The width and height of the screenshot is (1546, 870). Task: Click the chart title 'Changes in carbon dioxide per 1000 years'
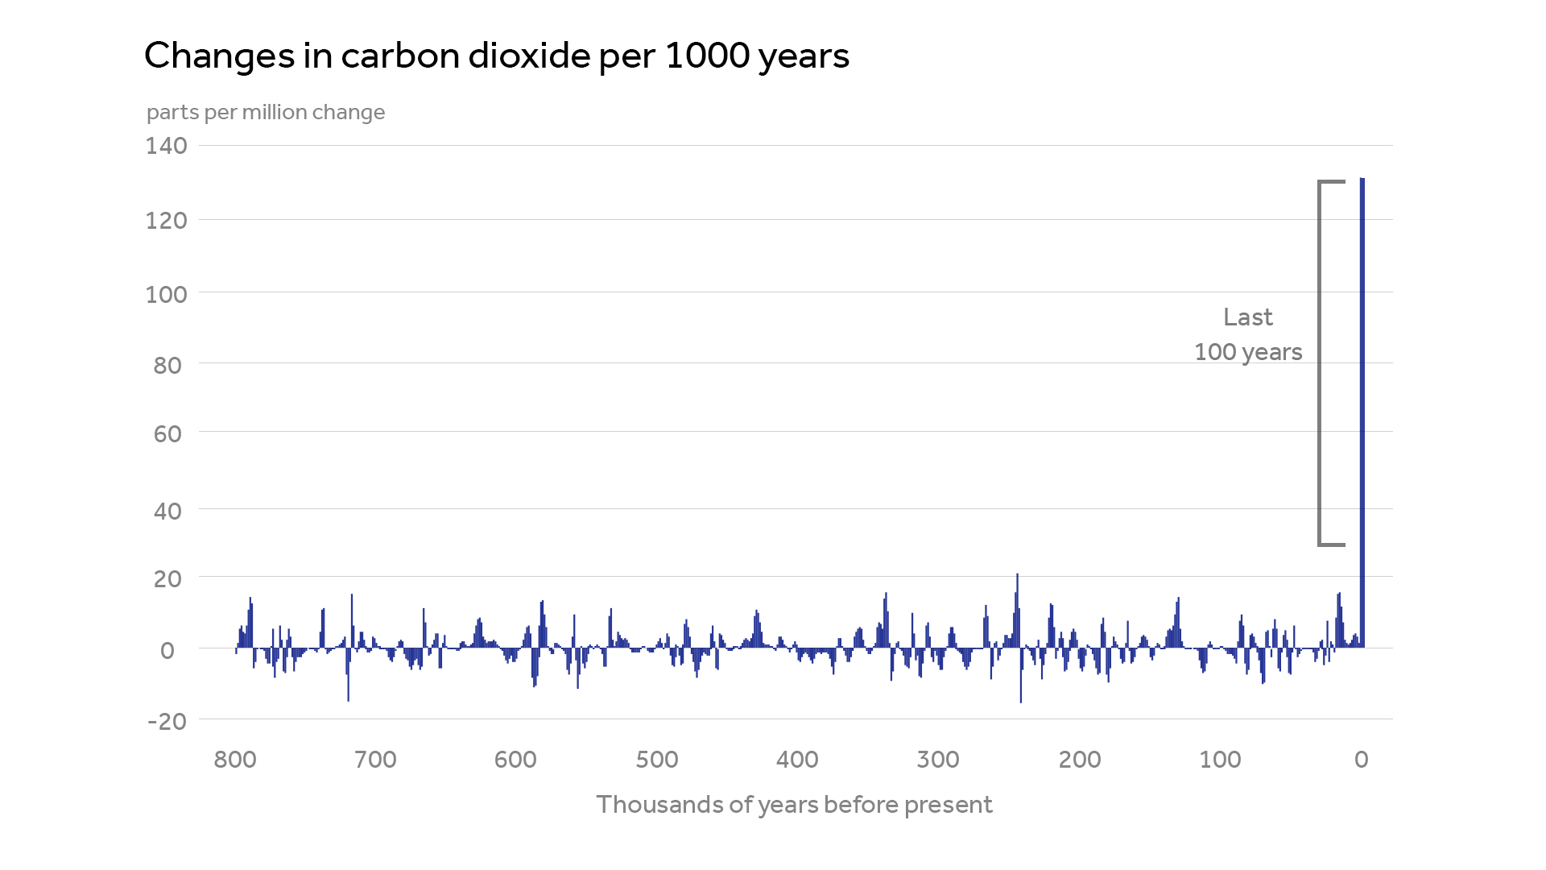coord(496,56)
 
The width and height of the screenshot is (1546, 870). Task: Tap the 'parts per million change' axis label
coord(266,112)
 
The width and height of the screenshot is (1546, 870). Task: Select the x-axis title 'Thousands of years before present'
coord(794,804)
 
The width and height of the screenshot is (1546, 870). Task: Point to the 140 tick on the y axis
coord(166,146)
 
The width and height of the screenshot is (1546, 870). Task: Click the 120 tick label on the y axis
coord(166,220)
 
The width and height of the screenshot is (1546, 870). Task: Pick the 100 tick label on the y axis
coord(166,294)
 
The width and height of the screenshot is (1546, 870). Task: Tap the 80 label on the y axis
coord(167,365)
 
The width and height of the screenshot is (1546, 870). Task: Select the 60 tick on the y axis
coord(167,434)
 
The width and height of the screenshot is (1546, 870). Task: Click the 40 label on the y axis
coord(167,510)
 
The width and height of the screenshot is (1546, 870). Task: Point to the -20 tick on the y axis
coord(167,721)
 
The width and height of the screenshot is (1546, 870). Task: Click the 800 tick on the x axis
coord(235,760)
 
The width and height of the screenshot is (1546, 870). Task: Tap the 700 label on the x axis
coord(375,760)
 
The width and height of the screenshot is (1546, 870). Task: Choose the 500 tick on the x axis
coord(657,760)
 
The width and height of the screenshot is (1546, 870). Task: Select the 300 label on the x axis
coord(938,760)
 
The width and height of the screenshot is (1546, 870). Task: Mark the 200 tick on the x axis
coord(1080,760)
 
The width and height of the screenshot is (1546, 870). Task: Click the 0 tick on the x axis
coord(1361,760)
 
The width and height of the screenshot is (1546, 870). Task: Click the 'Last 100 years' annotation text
coord(1248,334)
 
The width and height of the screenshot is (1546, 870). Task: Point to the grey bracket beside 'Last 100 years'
coord(1321,362)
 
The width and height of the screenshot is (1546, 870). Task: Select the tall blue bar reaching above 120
coord(1362,403)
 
